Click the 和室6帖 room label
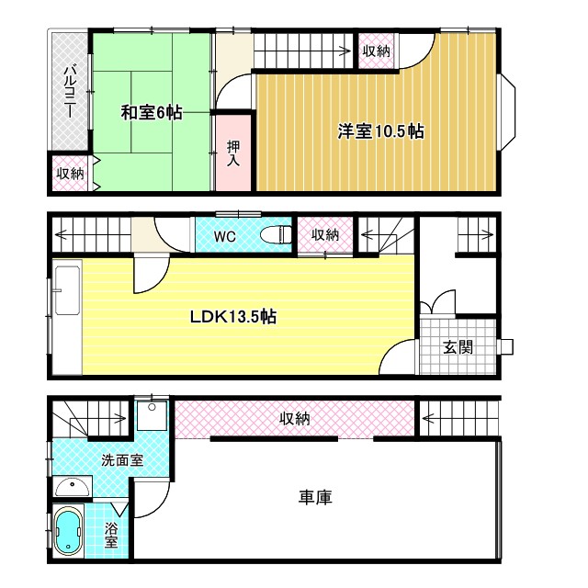153,113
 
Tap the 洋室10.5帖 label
379,131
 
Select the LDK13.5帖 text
233,317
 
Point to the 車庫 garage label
315,497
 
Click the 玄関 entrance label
458,347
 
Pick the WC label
225,236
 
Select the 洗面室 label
121,459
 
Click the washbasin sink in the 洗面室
70,487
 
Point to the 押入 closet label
233,153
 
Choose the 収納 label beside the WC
325,235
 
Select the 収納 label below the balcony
70,174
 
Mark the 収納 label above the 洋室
375,51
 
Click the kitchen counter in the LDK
66,317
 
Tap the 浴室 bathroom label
110,536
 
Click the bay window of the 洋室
506,112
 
